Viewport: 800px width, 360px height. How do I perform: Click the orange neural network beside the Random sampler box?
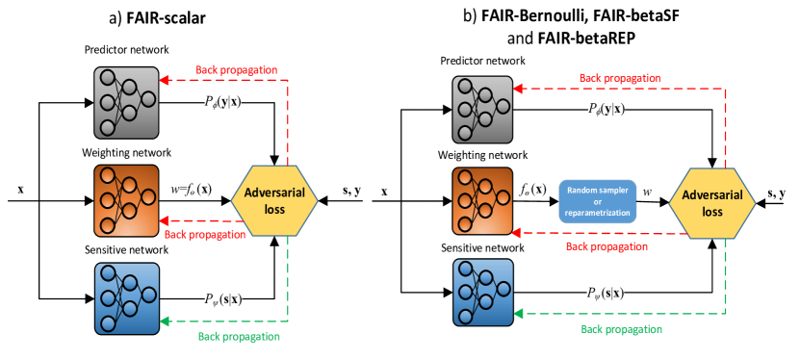pyautogui.click(x=484, y=201)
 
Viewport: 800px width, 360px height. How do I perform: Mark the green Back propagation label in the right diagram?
pyautogui.click(x=622, y=329)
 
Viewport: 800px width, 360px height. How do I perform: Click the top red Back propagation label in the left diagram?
pyautogui.click(x=237, y=69)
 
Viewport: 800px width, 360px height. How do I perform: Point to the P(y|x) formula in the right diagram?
pyautogui.click(x=606, y=109)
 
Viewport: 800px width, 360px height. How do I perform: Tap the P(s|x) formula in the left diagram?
pyautogui.click(x=222, y=298)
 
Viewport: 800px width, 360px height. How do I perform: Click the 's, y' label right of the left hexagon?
pyautogui.click(x=352, y=191)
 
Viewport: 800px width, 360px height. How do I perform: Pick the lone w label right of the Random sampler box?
pyautogui.click(x=647, y=193)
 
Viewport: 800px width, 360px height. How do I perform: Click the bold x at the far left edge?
pyautogui.click(x=20, y=191)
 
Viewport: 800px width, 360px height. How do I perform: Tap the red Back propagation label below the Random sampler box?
pyautogui.click(x=606, y=247)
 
